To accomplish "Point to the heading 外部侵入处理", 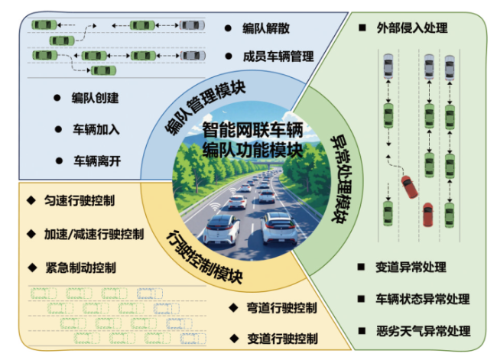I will [412, 28].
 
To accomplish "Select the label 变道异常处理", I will [411, 268].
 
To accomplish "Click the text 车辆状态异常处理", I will [422, 299].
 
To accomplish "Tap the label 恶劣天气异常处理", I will [422, 331].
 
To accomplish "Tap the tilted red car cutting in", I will [410, 185].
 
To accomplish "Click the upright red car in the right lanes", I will [428, 214].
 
